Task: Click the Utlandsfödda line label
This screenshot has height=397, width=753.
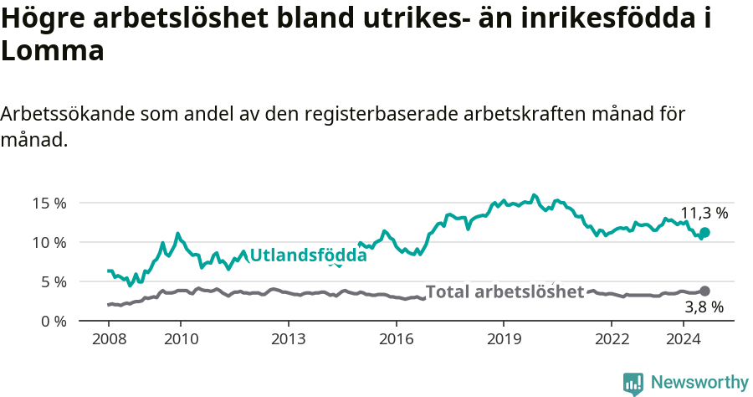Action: (x=308, y=255)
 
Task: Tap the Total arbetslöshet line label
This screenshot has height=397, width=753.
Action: (x=505, y=291)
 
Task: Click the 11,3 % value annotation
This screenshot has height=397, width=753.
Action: (x=704, y=213)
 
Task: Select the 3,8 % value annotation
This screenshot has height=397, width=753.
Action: (x=704, y=307)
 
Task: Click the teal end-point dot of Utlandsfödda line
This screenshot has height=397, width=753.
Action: (x=704, y=232)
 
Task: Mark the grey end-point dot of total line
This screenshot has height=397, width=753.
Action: (x=704, y=291)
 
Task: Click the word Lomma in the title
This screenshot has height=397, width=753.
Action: (x=52, y=51)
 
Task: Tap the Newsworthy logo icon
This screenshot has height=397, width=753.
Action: (x=633, y=384)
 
